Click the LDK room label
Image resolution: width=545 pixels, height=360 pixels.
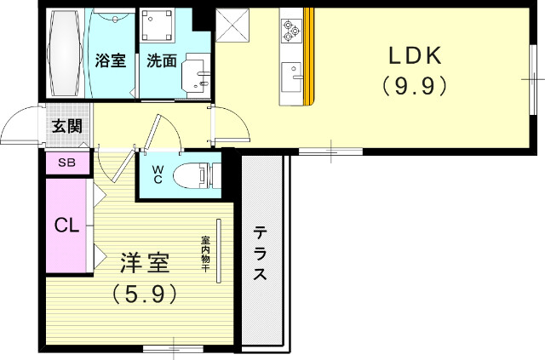click(414, 57)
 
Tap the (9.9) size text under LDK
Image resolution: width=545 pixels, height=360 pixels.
click(414, 85)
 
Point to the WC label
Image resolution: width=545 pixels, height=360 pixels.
click(158, 174)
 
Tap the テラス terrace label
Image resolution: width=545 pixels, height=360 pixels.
click(260, 254)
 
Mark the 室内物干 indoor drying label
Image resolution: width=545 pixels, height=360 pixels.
click(206, 254)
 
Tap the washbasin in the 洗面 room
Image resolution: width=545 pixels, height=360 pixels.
click(201, 77)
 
